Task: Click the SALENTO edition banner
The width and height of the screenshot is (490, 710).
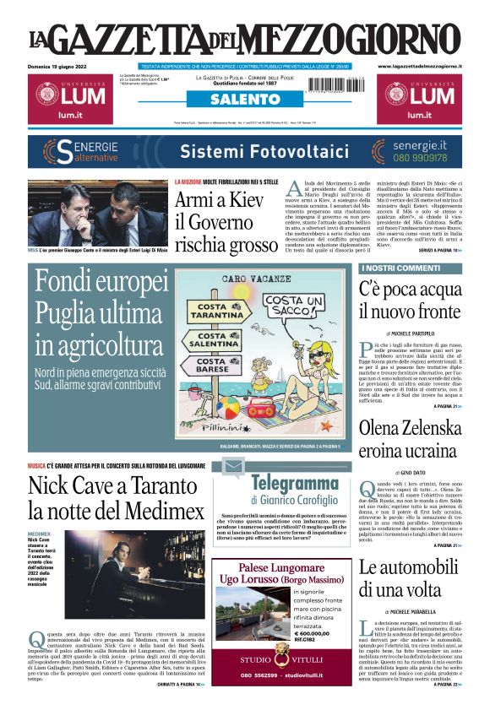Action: pyautogui.click(x=245, y=100)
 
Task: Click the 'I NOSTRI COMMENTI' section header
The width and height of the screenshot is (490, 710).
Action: pyautogui.click(x=389, y=268)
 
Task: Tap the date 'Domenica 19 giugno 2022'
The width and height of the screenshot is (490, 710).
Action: pyautogui.click(x=62, y=65)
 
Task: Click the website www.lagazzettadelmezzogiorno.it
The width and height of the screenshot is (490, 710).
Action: pyautogui.click(x=420, y=65)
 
